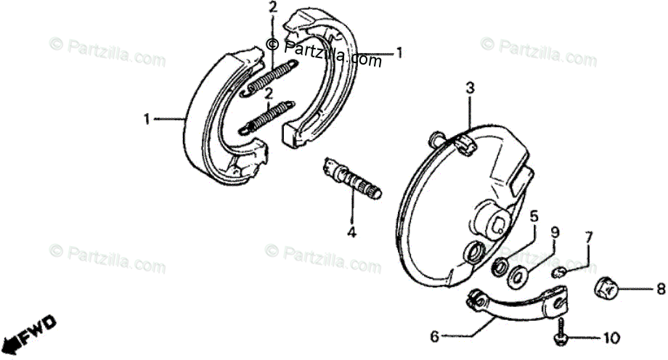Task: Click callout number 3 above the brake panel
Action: click(470, 88)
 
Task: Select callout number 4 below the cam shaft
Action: click(351, 232)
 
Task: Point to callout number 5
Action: click(534, 216)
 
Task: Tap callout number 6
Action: click(434, 336)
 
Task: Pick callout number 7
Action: click(589, 237)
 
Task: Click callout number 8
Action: click(660, 289)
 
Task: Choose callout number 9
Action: click(554, 232)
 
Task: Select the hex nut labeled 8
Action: click(607, 288)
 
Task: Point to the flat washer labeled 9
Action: click(519, 274)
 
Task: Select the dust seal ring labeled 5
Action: click(500, 265)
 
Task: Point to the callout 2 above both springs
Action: click(272, 8)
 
